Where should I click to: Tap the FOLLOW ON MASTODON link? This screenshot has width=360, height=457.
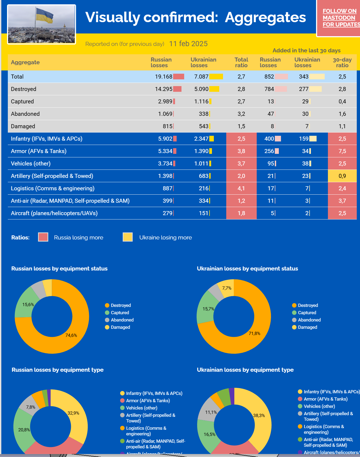point(340,18)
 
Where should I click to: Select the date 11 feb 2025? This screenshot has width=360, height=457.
point(188,44)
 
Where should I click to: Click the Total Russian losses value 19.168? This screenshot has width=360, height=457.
point(163,77)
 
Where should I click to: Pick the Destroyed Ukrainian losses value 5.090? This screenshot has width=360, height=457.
point(201,89)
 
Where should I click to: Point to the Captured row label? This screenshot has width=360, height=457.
point(22,101)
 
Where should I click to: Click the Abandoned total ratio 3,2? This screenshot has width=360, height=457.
point(241,114)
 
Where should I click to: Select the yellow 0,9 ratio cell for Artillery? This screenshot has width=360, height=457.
point(342,176)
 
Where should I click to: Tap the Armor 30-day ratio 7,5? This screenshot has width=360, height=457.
point(342,151)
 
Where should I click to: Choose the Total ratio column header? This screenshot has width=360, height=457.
point(241,62)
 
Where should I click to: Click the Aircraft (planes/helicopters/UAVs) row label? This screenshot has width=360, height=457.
point(54,213)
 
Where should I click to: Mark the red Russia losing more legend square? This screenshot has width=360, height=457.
point(43,237)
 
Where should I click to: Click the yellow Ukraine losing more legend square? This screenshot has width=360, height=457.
point(128,237)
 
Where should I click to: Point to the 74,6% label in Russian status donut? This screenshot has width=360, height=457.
point(71,335)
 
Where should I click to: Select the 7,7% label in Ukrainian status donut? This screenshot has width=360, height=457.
point(227,288)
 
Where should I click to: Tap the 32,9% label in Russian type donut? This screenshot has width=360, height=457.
point(73,413)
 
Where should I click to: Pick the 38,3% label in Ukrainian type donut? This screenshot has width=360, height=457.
point(259,415)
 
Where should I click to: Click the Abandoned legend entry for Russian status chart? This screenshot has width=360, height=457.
point(122,320)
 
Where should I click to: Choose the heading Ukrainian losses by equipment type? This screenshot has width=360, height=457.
point(245,370)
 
